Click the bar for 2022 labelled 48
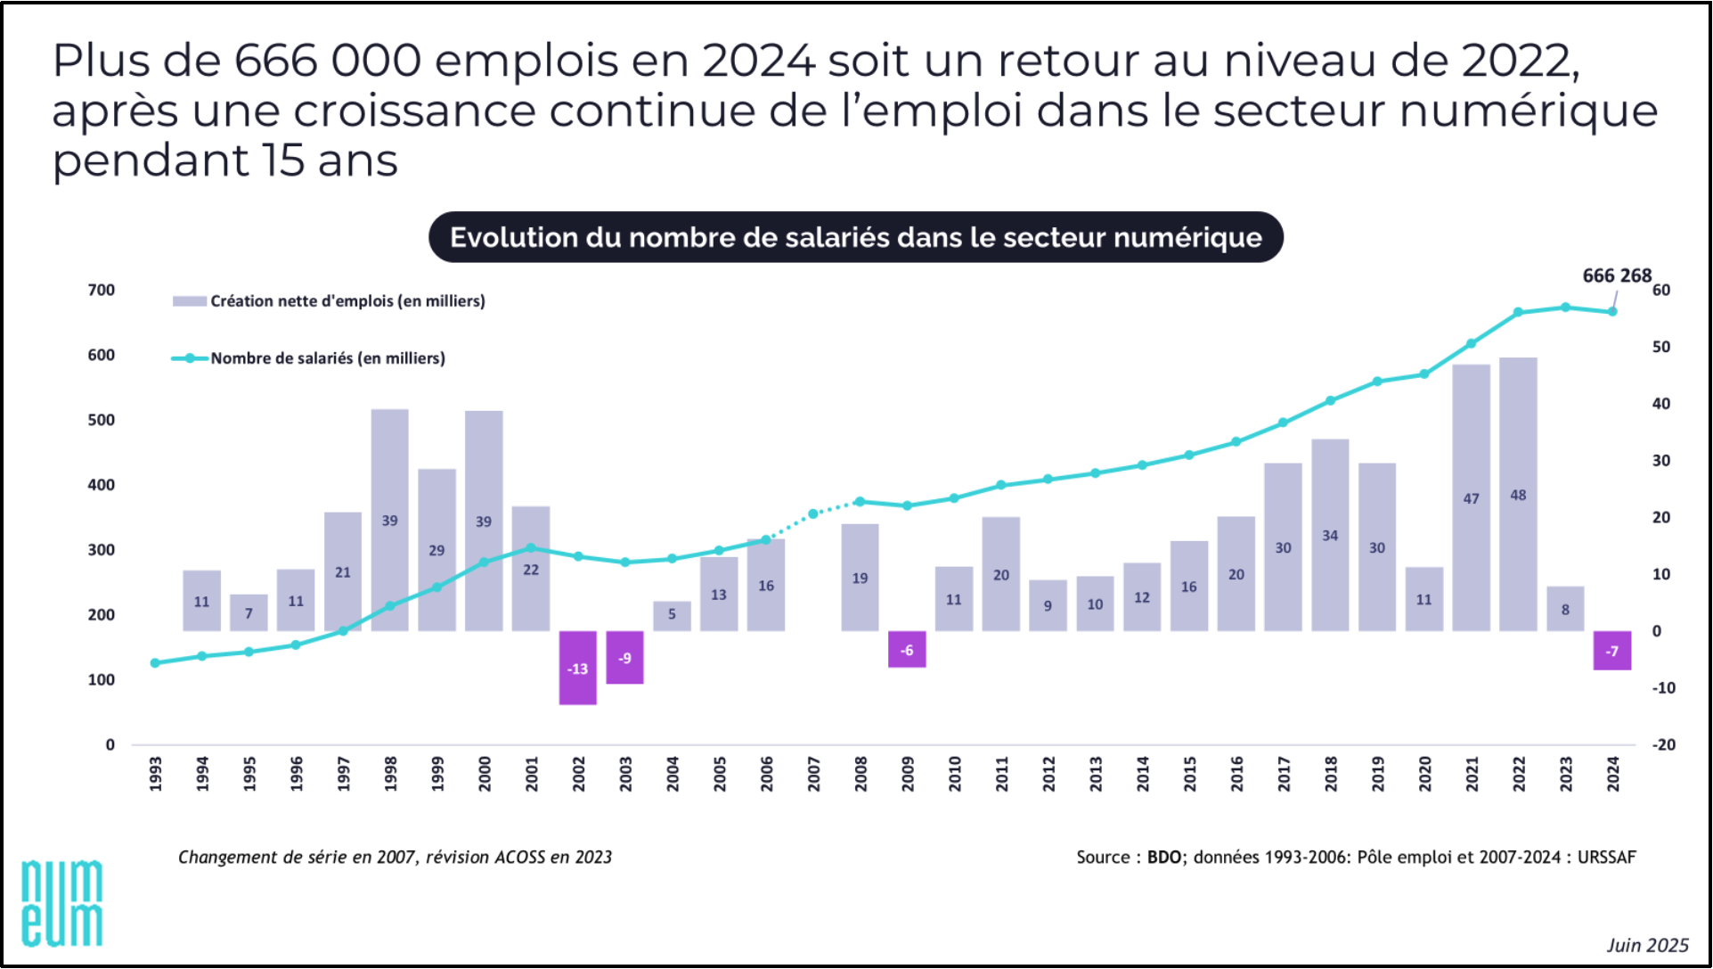tap(1518, 495)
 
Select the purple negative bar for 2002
tap(577, 668)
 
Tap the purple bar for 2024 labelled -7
tap(1611, 651)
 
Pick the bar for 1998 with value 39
tap(389, 520)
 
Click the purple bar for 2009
tap(906, 650)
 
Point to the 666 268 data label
tap(1616, 275)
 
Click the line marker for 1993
tap(155, 663)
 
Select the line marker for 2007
tap(812, 514)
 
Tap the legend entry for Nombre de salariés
tap(327, 358)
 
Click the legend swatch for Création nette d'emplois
tap(189, 301)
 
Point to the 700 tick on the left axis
tap(102, 290)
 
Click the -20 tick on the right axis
tap(1663, 744)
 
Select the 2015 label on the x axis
tap(1189, 773)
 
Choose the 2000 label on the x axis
tap(484, 773)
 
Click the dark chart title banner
tap(855, 237)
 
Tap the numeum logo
tap(61, 902)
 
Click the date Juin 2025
tap(1647, 945)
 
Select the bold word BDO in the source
tap(1163, 858)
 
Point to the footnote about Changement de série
tap(395, 858)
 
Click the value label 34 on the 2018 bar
tap(1329, 536)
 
